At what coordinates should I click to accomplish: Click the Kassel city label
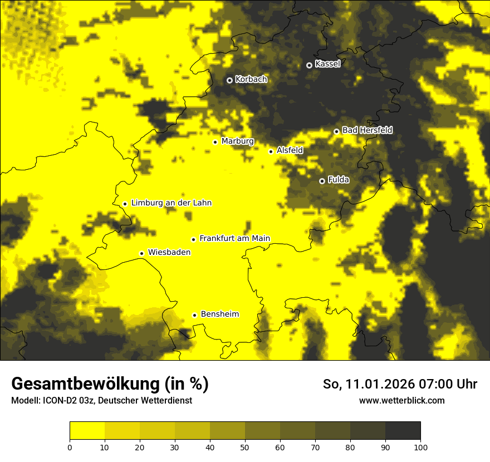(x=327, y=64)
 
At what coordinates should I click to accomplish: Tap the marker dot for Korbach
(x=229, y=80)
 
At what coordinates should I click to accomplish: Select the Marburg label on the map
(x=237, y=141)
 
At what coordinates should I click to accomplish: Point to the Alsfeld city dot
(x=271, y=151)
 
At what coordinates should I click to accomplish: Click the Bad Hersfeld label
(x=367, y=130)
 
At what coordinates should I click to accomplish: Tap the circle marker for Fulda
(x=322, y=181)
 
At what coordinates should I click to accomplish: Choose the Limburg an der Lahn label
(x=171, y=203)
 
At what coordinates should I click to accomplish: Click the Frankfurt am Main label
(x=234, y=239)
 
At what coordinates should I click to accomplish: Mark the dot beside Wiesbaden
(x=141, y=254)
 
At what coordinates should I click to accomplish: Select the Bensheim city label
(x=219, y=314)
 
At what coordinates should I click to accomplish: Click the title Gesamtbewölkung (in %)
(x=110, y=384)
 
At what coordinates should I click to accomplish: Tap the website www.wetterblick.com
(x=401, y=400)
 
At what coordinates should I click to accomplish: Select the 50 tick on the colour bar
(x=245, y=447)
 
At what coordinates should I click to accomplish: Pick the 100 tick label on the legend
(x=420, y=447)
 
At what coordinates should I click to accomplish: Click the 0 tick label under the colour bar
(x=70, y=447)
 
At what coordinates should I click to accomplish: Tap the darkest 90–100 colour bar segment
(x=403, y=431)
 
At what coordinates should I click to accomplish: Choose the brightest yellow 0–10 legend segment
(x=87, y=431)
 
